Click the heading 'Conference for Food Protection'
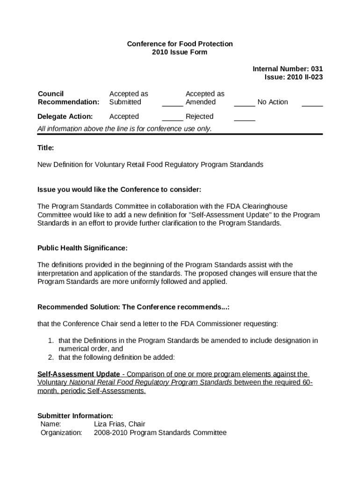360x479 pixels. point(180,44)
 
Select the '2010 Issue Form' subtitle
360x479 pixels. point(180,52)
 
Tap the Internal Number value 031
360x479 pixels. point(316,69)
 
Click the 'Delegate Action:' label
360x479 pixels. point(65,116)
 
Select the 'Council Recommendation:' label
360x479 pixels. point(68,98)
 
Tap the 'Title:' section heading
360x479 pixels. point(46,148)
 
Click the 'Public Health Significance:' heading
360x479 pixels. point(82,247)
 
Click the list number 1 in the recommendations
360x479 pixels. point(50,341)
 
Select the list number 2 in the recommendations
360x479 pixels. point(50,357)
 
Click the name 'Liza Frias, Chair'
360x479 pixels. point(120,424)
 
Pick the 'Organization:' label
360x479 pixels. point(61,433)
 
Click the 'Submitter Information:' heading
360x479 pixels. point(75,415)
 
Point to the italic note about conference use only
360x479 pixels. point(124,129)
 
